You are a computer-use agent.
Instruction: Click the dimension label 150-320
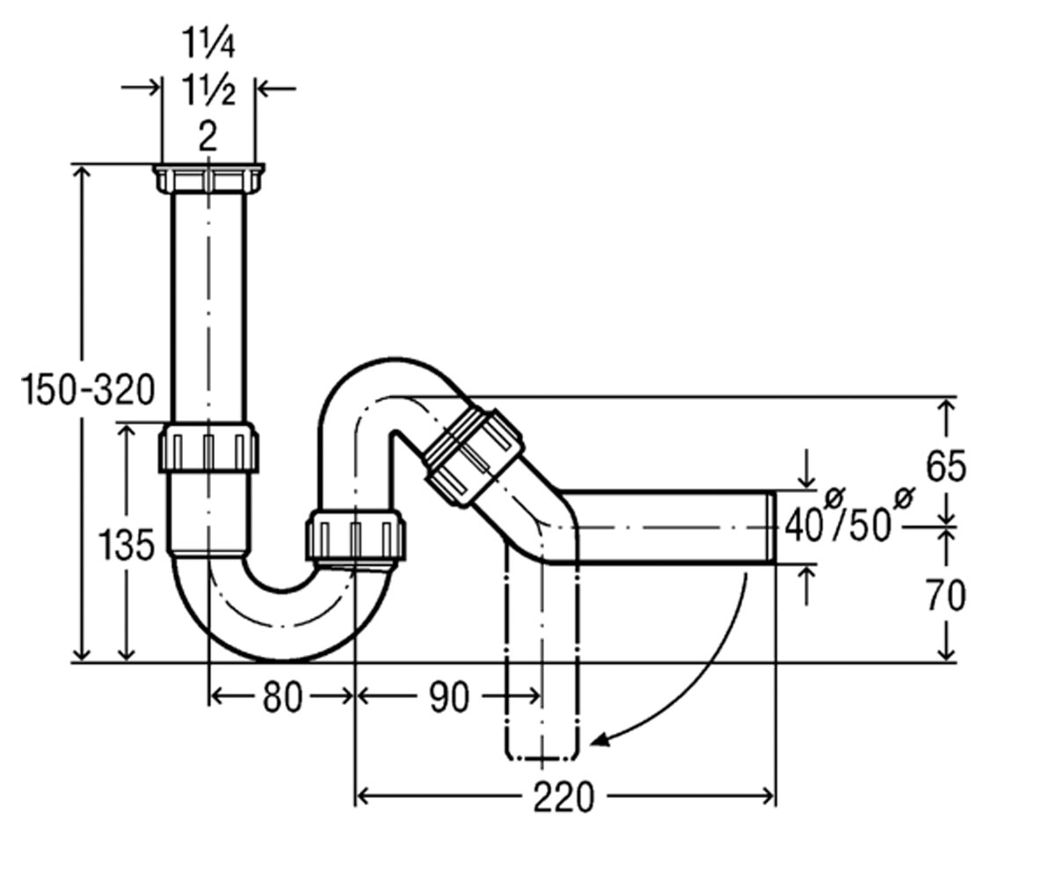pyautogui.click(x=87, y=390)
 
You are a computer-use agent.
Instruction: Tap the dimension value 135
pyautogui.click(x=126, y=546)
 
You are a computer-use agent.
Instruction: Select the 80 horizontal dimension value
pyautogui.click(x=282, y=697)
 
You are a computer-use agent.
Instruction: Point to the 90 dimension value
pyautogui.click(x=449, y=697)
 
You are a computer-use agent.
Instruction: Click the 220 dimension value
pyautogui.click(x=564, y=797)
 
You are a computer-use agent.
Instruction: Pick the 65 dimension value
pyautogui.click(x=945, y=466)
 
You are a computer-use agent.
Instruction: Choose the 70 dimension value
pyautogui.click(x=945, y=596)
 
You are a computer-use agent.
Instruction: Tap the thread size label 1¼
pyautogui.click(x=208, y=43)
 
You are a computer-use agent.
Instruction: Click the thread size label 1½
pyautogui.click(x=208, y=91)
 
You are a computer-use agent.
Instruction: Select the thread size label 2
pyautogui.click(x=207, y=136)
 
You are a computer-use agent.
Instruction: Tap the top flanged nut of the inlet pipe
pyautogui.click(x=208, y=178)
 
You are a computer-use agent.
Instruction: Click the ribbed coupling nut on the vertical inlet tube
pyautogui.click(x=208, y=447)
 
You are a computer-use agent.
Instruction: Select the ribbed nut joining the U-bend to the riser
pyautogui.click(x=355, y=535)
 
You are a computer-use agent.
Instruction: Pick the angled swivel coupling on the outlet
pyautogui.click(x=474, y=456)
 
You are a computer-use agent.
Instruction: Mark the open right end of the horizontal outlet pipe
pyautogui.click(x=773, y=527)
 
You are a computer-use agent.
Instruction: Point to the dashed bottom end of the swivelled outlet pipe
pyautogui.click(x=542, y=758)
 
